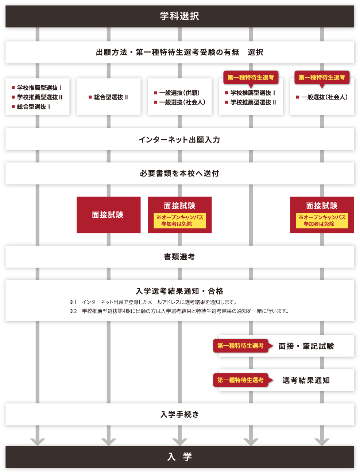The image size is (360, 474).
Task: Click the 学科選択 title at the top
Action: (179, 16)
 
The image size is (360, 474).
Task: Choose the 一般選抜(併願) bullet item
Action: (179, 93)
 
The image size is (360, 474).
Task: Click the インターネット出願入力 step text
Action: (179, 140)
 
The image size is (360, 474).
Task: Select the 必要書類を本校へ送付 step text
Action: (179, 174)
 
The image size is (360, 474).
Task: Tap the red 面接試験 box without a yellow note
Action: (108, 215)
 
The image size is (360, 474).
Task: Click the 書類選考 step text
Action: (179, 257)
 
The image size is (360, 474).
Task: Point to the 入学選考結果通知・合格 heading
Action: (179, 291)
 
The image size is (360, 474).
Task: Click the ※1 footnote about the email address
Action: (153, 302)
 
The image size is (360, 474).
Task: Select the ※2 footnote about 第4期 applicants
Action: (179, 311)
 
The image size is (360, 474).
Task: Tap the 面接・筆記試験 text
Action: (306, 346)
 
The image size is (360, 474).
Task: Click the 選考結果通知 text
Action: (306, 380)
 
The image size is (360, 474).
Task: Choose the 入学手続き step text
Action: (179, 415)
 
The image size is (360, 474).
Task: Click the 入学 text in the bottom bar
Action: (179, 457)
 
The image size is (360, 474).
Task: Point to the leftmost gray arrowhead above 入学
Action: (37, 441)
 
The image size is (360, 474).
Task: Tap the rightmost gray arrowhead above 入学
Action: (322, 441)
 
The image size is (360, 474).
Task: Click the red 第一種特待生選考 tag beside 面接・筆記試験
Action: (241, 346)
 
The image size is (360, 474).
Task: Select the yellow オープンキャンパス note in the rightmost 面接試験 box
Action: (322, 221)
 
